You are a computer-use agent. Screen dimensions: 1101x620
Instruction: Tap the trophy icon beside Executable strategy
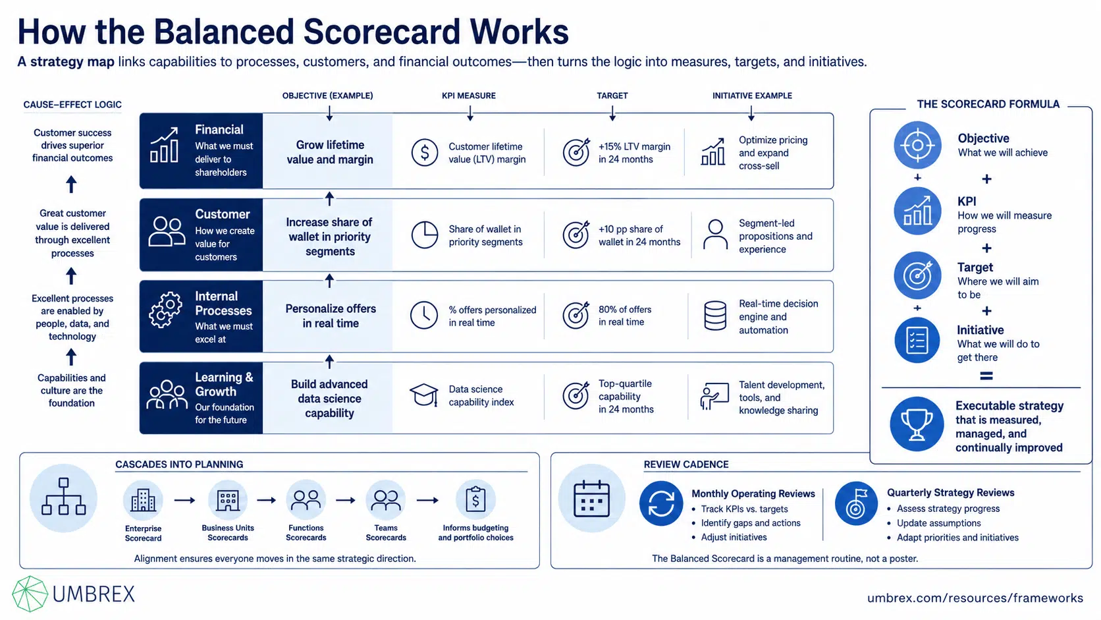click(917, 424)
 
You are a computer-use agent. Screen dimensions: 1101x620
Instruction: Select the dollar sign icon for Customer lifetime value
click(425, 152)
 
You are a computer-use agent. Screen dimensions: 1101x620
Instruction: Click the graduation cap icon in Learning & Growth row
click(423, 395)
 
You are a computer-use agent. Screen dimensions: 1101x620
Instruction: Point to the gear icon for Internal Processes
click(166, 309)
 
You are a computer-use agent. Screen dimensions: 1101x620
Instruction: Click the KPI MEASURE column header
click(468, 96)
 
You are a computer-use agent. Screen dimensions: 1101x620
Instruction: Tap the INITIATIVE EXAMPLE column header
click(752, 96)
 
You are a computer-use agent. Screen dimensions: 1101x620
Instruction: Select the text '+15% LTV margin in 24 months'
click(634, 153)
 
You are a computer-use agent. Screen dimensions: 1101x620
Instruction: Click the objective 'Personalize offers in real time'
click(331, 316)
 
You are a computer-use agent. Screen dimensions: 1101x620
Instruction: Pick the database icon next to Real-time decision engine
click(715, 315)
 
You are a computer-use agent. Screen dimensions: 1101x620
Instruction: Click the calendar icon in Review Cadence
click(592, 499)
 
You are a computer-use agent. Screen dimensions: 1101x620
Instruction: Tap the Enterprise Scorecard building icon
click(143, 501)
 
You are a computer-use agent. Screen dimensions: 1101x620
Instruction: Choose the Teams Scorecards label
click(386, 532)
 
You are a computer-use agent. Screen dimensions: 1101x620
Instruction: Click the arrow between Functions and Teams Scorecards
click(346, 500)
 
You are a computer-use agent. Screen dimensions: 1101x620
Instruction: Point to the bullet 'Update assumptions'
click(938, 522)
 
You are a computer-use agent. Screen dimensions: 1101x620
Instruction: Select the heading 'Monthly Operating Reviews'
click(753, 493)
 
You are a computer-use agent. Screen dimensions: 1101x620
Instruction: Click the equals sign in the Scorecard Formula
click(986, 376)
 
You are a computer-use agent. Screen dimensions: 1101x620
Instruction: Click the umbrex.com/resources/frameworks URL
click(975, 598)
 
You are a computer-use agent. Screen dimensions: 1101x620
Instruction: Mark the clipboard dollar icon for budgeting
click(475, 499)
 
